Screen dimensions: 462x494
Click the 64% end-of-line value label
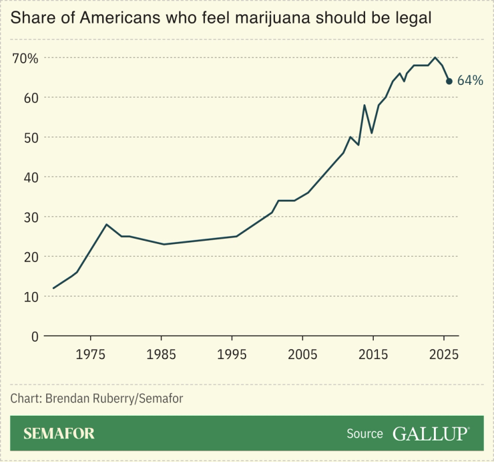[469, 81]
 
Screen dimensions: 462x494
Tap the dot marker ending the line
[449, 82]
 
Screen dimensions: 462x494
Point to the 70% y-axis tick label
[25, 58]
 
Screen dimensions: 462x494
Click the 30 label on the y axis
[31, 217]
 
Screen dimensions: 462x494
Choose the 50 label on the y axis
[31, 138]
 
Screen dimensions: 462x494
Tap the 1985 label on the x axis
[161, 354]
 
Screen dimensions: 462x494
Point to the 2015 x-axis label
[373, 354]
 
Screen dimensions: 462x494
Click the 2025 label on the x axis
[443, 354]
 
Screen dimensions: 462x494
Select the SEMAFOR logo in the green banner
[59, 434]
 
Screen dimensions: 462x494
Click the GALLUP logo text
[431, 433]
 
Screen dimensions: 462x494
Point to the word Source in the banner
[364, 434]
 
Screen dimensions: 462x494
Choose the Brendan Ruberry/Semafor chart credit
[97, 398]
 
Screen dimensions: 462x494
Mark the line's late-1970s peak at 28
[106, 224]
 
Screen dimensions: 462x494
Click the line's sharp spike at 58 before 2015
[364, 105]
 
